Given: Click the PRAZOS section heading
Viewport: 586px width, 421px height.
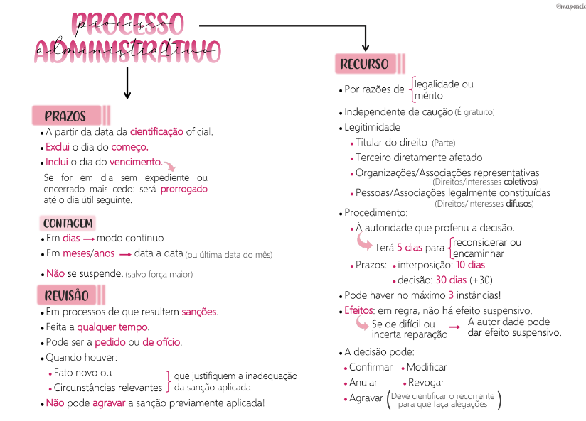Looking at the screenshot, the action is (x=65, y=116).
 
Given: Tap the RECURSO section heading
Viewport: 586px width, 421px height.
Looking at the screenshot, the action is (x=364, y=65).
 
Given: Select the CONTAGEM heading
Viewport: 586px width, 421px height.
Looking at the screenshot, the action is (x=68, y=224).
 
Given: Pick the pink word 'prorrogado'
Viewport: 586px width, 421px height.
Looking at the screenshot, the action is (x=184, y=190).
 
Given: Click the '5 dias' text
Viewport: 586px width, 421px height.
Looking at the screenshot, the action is (x=410, y=248).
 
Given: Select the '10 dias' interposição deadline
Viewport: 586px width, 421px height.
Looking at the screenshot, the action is (x=471, y=265).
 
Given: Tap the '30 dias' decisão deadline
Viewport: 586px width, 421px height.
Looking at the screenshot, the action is (x=451, y=280).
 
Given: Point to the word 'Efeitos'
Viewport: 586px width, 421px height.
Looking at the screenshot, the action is (x=360, y=311).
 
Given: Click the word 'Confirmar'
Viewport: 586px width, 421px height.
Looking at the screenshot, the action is (x=371, y=367).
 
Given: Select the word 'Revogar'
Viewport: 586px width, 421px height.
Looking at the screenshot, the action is (x=427, y=383).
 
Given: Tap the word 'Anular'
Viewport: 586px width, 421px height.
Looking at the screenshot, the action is (x=363, y=383).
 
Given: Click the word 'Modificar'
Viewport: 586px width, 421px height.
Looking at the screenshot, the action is (x=427, y=367).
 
